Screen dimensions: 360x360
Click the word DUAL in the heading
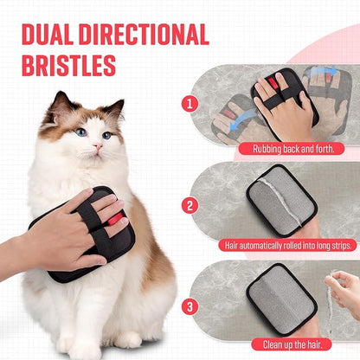coord(49,35)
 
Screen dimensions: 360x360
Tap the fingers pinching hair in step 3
coord(343,286)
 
